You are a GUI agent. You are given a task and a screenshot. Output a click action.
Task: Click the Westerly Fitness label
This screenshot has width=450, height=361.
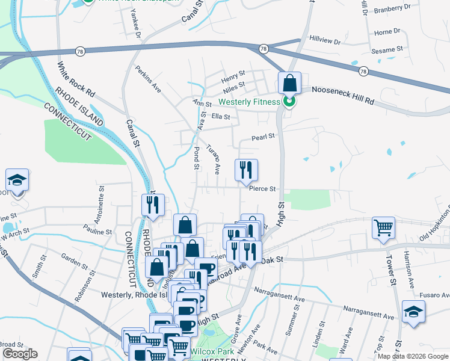(248, 102)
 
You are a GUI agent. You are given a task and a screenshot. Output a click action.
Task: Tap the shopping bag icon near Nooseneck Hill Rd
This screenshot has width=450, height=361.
(289, 83)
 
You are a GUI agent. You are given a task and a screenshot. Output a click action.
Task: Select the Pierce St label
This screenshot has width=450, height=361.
(262, 189)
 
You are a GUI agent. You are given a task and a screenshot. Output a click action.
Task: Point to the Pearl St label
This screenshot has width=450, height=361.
(263, 137)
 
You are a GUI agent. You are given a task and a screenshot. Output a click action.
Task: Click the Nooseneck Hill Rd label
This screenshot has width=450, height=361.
(344, 96)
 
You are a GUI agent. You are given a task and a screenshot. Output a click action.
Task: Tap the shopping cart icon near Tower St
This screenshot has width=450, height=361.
(383, 227)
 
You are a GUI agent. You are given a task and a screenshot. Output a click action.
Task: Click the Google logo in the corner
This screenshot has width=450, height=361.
(20, 354)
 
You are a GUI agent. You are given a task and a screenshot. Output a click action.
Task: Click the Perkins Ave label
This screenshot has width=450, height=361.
(148, 79)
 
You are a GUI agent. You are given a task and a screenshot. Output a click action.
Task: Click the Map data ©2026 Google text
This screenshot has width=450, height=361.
(412, 356)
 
